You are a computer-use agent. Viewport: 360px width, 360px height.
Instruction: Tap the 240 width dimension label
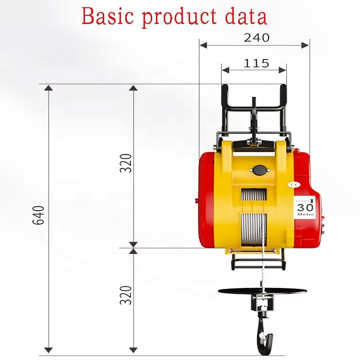tap(256, 38)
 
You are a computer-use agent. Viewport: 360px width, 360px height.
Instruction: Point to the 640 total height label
tap(39, 215)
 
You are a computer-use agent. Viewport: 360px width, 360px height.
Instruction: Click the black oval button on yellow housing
tap(259, 171)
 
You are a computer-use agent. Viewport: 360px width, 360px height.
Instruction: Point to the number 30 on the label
tap(305, 207)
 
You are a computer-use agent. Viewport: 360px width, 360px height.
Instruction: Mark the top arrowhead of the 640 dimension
tap(49, 87)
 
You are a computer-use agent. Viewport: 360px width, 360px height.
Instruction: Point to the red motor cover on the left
tap(208, 200)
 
